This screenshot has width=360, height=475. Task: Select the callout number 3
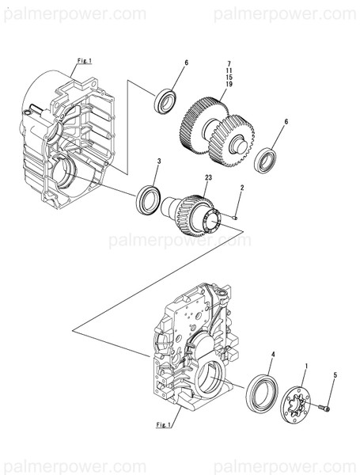(158, 161)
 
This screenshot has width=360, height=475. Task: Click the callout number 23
(207, 180)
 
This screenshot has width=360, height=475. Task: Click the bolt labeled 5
(324, 409)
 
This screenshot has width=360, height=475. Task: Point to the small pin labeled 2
(237, 212)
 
